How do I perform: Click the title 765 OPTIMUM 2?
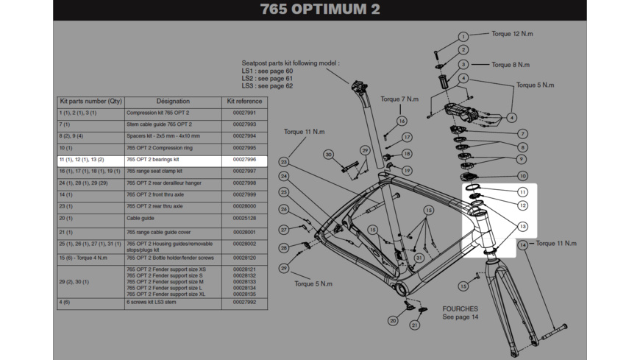click(320, 10)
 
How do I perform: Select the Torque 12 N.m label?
click(512, 34)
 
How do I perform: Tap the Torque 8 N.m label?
click(511, 65)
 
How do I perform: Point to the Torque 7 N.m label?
click(399, 99)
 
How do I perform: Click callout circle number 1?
click(463, 36)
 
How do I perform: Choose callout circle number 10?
click(522, 176)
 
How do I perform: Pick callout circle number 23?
click(283, 162)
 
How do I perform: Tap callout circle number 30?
click(329, 155)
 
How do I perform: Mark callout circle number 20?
click(394, 321)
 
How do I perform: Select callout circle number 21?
click(415, 325)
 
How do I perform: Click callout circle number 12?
click(522, 206)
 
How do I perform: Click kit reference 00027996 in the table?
click(244, 160)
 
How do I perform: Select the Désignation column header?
click(173, 101)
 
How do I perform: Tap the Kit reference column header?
click(244, 101)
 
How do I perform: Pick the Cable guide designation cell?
click(141, 219)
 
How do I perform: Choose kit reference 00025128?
click(244, 219)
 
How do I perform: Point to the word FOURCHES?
click(460, 309)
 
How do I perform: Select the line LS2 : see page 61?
click(267, 79)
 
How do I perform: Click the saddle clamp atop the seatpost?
click(358, 85)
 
